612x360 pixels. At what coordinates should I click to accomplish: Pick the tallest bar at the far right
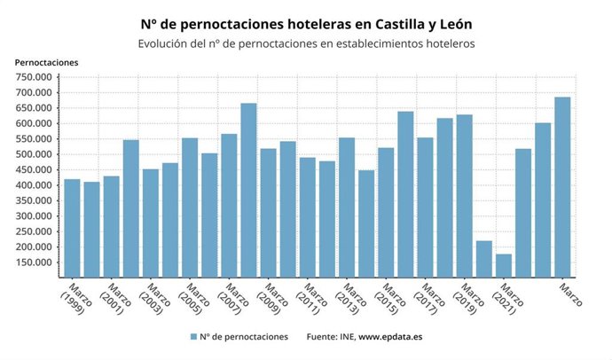pyautogui.click(x=562, y=187)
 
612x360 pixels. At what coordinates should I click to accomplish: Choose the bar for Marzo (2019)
pyautogui.click(x=465, y=196)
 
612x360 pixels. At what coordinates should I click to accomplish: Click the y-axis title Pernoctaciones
pyautogui.click(x=47, y=62)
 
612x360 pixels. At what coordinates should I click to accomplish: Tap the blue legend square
pyautogui.click(x=192, y=337)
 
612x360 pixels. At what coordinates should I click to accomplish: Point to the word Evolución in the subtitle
pyautogui.click(x=165, y=43)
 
